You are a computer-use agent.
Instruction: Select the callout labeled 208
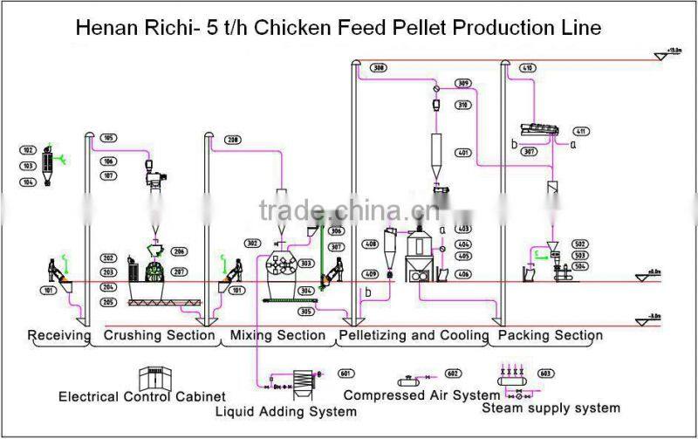click(x=233, y=140)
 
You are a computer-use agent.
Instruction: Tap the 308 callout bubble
click(x=378, y=68)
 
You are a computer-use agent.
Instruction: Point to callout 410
click(x=527, y=68)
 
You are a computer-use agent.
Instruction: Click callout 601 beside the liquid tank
click(x=345, y=374)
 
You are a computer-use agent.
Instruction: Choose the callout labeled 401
click(x=463, y=154)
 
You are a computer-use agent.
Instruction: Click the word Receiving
click(x=58, y=335)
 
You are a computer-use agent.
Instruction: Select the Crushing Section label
click(x=159, y=335)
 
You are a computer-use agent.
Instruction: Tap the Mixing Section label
click(x=277, y=335)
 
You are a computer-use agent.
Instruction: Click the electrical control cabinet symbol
click(x=157, y=377)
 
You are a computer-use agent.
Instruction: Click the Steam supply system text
click(x=551, y=408)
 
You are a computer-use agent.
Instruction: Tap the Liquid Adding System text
click(x=285, y=411)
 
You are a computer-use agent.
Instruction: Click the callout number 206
click(x=180, y=251)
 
